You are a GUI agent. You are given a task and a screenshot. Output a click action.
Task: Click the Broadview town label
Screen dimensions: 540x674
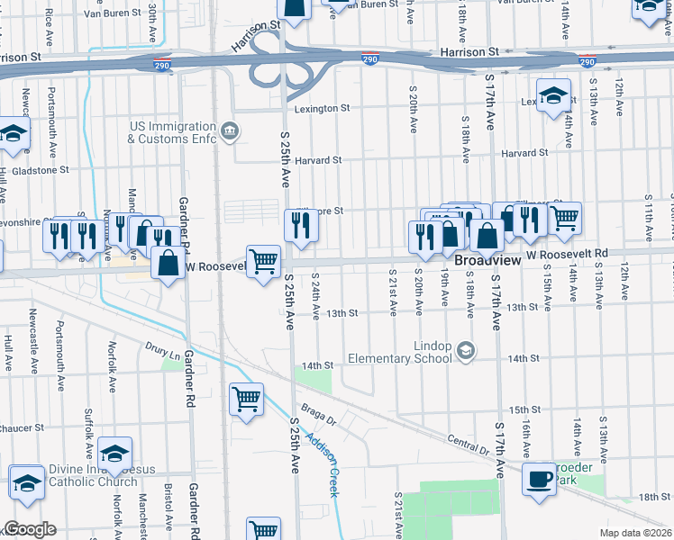click(x=487, y=259)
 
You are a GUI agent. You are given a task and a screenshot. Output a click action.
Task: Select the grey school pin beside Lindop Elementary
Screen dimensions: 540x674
click(x=466, y=350)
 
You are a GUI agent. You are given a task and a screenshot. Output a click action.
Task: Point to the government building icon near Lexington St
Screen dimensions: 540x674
click(x=230, y=132)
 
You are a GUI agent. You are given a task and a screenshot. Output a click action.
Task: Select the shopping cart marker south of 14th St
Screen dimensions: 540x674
click(x=247, y=399)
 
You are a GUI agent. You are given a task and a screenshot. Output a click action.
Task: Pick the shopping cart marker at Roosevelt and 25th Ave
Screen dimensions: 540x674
click(x=264, y=262)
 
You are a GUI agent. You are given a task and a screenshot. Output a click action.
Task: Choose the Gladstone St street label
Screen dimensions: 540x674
click(x=39, y=169)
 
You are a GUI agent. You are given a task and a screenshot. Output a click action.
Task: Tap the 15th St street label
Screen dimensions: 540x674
click(x=524, y=409)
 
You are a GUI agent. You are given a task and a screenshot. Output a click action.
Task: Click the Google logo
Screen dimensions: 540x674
click(x=30, y=529)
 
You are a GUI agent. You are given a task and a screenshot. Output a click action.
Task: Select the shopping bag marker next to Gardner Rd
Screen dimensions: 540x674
click(x=168, y=264)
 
